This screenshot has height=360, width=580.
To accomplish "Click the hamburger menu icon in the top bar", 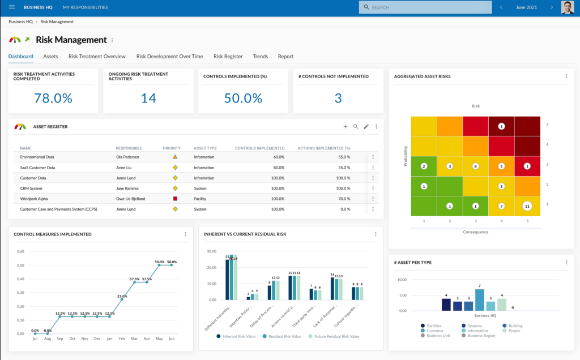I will [x=12, y=7].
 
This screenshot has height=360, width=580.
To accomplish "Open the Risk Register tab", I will [x=228, y=57].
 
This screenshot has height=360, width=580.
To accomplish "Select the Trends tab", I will [x=261, y=57].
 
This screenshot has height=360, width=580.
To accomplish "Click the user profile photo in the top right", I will [x=567, y=7].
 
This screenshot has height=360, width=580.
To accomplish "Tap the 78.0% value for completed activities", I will [x=53, y=98].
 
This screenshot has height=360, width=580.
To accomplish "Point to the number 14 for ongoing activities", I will [x=148, y=98].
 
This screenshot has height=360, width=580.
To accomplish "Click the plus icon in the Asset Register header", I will [x=346, y=127].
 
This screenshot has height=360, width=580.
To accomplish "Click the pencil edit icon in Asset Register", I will [x=366, y=127].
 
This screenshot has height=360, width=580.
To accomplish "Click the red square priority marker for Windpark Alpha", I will [x=175, y=199].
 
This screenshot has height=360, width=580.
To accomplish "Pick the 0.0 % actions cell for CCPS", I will [x=344, y=209].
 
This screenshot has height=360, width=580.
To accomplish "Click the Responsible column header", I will [x=129, y=148].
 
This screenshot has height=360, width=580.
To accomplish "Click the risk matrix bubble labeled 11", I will [x=527, y=206].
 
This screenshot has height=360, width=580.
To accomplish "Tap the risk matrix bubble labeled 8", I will [x=476, y=166].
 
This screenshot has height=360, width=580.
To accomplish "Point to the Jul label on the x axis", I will [x=35, y=338].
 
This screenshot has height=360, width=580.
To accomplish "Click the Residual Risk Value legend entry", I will [x=283, y=336].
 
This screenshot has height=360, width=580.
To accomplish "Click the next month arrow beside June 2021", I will [x=552, y=7].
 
